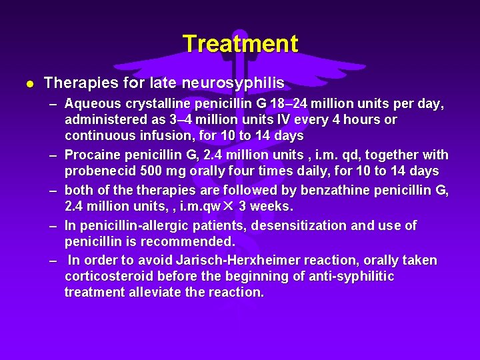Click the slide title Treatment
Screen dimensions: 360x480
pos(240,44)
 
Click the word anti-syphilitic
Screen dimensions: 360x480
pos(348,276)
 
